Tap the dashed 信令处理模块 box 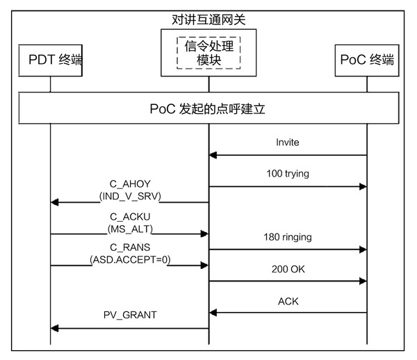coord(208,53)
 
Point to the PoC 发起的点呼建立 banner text coord(208,109)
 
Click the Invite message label coord(287,142)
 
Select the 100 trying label coord(287,172)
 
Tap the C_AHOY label coord(130,184)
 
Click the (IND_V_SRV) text coord(130,196)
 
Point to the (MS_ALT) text coord(130,228)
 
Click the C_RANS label coord(130,247)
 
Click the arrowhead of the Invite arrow coord(213,155)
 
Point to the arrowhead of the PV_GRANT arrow coord(55,327)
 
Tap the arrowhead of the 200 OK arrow coord(362,281)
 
